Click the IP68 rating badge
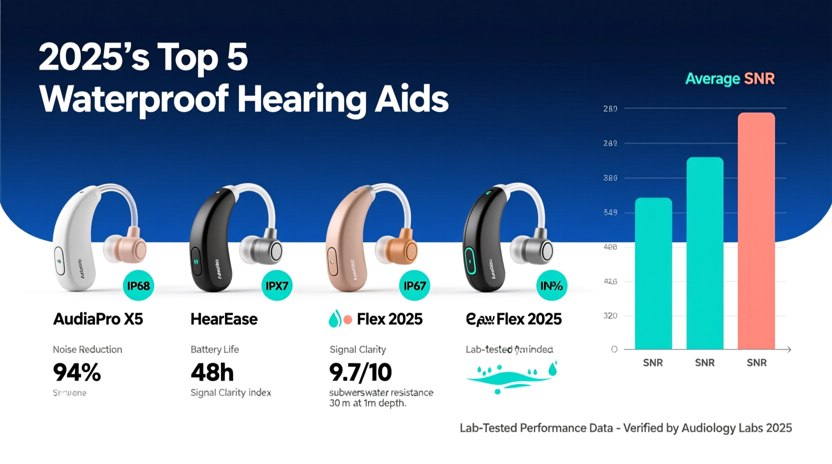pos(138,285)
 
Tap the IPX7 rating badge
pos(276,285)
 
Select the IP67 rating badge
pos(414,285)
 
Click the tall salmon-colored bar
pos(756,230)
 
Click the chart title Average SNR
pos(729,78)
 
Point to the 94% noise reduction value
pos(77,372)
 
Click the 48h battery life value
pos(212,372)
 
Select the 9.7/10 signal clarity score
pos(360,372)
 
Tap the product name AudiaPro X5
pos(98,319)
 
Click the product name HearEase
pos(223,319)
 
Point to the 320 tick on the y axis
pos(610,316)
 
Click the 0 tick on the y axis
pos(614,349)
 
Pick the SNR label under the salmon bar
pos(756,362)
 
